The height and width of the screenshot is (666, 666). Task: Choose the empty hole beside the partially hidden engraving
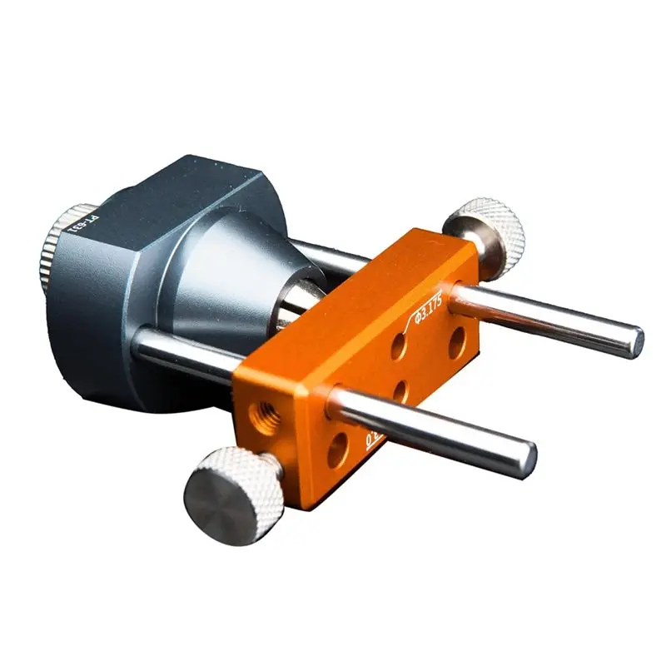(x=338, y=450)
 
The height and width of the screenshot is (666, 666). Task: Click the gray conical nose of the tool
(x=241, y=275)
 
